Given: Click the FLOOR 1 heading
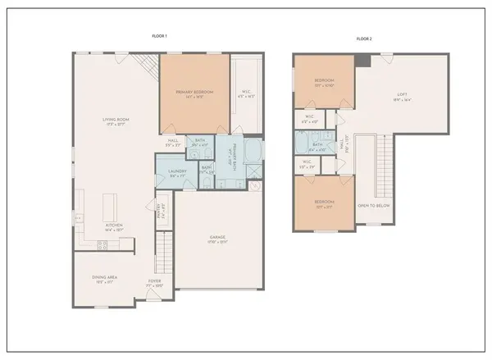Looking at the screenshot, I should point(161,37).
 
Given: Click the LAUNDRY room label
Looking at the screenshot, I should point(178,171).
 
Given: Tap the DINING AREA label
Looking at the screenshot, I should point(105,279).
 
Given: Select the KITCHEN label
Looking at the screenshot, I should point(113,229).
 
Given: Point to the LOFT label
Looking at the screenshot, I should point(403,96).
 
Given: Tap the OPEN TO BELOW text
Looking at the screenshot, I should point(373,205).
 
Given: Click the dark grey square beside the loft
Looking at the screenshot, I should point(362,60).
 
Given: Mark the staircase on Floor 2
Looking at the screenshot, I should point(384,164).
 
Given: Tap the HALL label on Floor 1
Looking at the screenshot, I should point(174,140).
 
